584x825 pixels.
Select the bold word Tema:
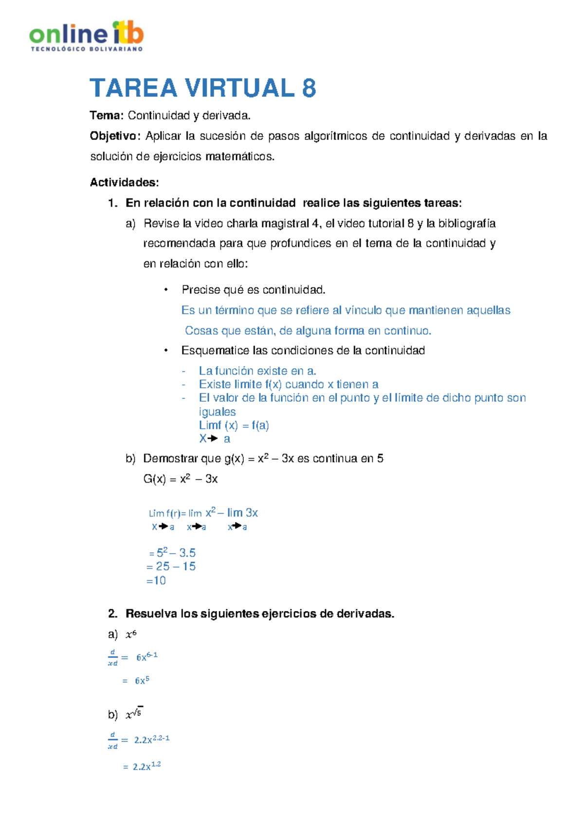[x=106, y=116]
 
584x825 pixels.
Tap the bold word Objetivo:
[x=115, y=136]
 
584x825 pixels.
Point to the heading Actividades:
[x=124, y=182]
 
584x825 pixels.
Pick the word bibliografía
[x=467, y=224]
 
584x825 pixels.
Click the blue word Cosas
[x=201, y=331]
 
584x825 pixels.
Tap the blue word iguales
[x=217, y=412]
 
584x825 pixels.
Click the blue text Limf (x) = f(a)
[x=234, y=426]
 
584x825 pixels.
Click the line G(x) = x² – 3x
[x=180, y=479]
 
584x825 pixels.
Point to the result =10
[x=156, y=581]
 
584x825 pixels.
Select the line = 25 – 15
[x=171, y=567]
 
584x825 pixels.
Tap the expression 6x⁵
[x=142, y=681]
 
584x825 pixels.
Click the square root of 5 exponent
[x=137, y=713]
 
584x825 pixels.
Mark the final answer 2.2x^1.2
[x=146, y=767]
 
